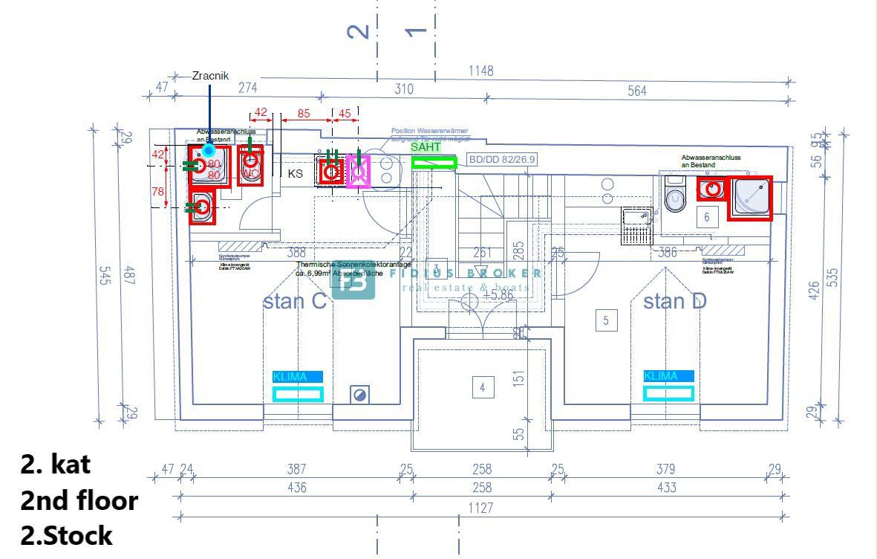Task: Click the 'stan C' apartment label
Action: tap(295, 301)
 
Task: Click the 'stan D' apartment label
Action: tap(674, 301)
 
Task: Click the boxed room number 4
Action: tap(483, 387)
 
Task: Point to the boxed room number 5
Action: tap(606, 320)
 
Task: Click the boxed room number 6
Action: tap(707, 217)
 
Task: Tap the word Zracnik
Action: tap(210, 76)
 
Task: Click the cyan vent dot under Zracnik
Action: tap(209, 151)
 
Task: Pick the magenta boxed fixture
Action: tap(359, 172)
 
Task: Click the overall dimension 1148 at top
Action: tap(480, 71)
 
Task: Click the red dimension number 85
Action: tap(303, 114)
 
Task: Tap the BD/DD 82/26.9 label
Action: tap(502, 159)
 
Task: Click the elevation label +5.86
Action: tap(498, 295)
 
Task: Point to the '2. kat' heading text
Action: tap(56, 464)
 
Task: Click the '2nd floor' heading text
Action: tap(79, 500)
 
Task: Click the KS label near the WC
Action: tap(296, 173)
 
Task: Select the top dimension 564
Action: tap(636, 91)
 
